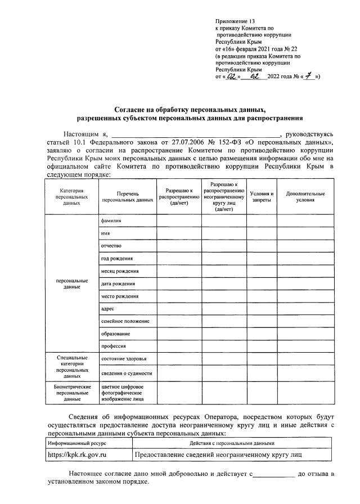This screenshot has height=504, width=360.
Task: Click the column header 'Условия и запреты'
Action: pos(262,197)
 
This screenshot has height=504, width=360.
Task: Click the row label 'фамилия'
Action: pos(111,221)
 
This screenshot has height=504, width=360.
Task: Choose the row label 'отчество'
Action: pos(111,246)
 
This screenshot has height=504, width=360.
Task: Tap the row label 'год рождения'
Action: pos(116,258)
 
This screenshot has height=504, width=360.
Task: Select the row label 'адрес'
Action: pos(107,308)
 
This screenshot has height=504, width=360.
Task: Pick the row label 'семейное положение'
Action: pos(125,321)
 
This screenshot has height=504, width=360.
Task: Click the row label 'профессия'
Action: pos(113,346)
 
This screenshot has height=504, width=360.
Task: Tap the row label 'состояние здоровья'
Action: pos(124,359)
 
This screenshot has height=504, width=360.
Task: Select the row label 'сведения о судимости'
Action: pos(127,373)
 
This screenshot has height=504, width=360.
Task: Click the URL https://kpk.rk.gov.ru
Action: pos(78,453)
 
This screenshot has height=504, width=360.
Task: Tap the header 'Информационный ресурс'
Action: pos(77,443)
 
